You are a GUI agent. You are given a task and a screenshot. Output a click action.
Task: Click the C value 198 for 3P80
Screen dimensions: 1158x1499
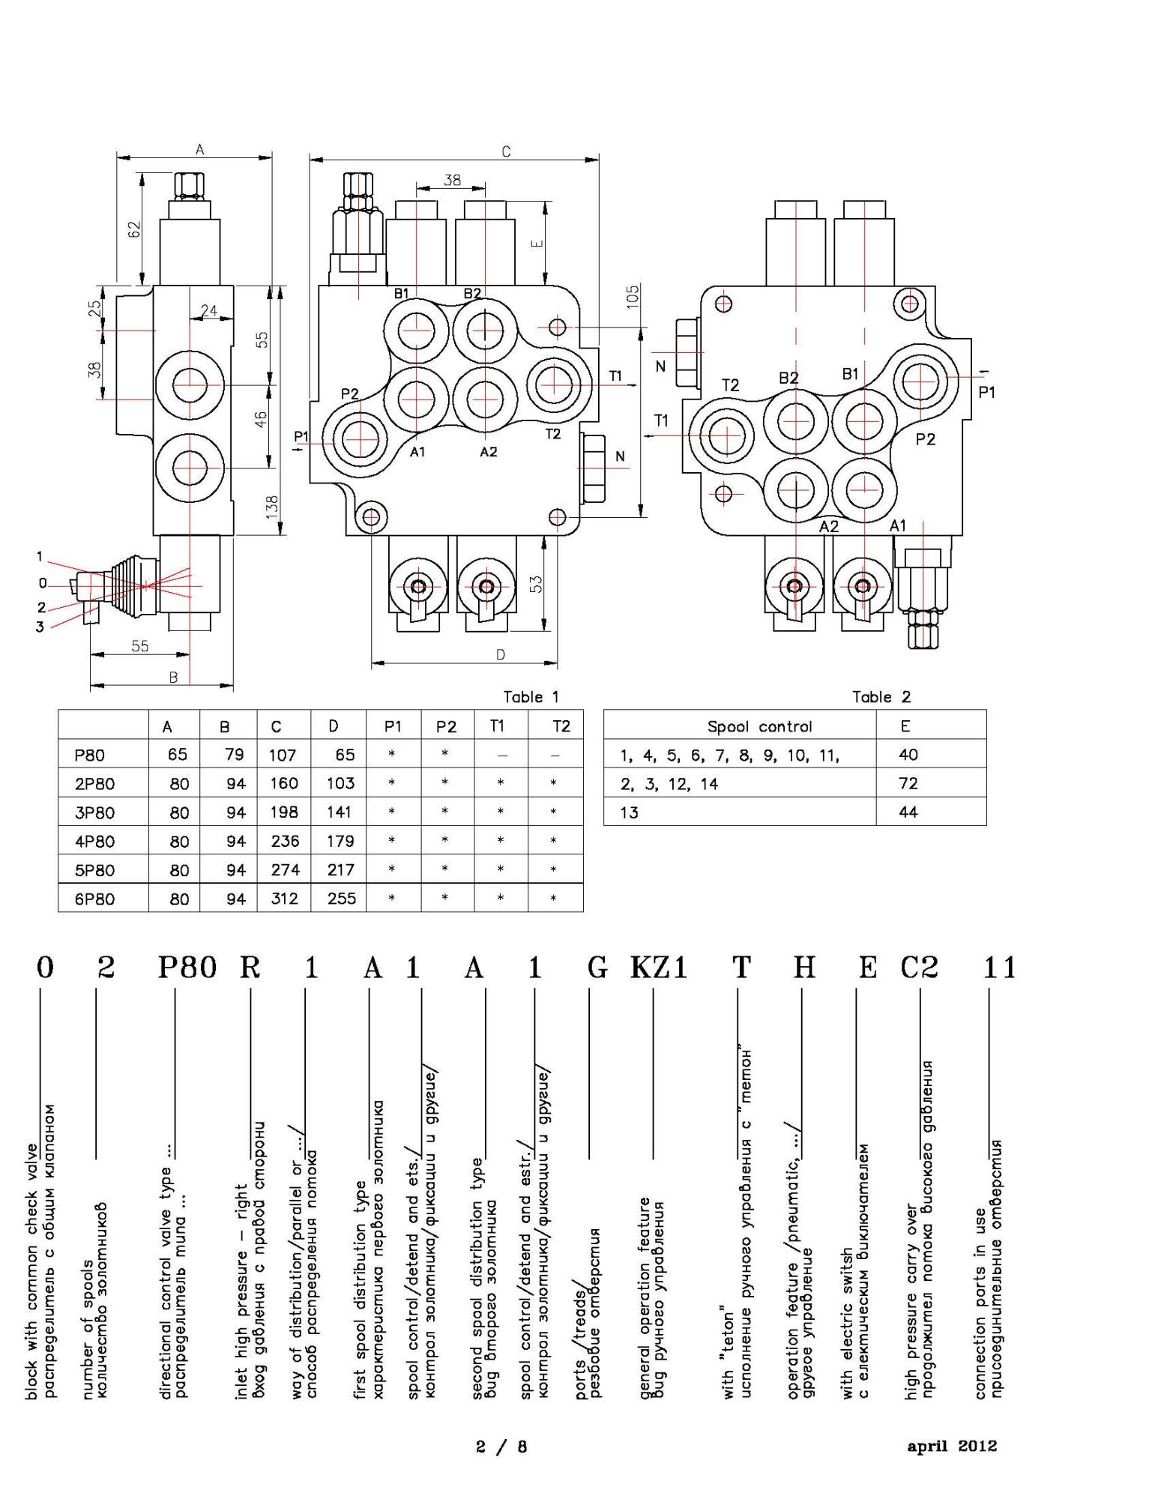(x=284, y=812)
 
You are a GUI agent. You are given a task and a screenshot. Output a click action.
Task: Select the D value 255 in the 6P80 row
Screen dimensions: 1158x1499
(x=341, y=899)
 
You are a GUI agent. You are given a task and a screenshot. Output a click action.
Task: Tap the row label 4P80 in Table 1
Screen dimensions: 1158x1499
(x=94, y=842)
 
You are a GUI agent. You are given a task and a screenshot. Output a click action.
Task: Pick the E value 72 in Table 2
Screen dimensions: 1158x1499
(x=908, y=783)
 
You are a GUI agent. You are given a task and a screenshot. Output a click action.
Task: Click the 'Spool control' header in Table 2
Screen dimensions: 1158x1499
(x=759, y=726)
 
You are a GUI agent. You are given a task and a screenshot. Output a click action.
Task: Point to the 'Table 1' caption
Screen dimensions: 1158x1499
(x=531, y=697)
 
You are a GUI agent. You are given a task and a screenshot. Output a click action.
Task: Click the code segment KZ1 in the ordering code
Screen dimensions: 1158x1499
(x=658, y=968)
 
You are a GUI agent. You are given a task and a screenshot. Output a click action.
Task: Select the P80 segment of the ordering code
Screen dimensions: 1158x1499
(x=187, y=968)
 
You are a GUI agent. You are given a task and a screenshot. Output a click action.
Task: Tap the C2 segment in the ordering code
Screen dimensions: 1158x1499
(x=919, y=968)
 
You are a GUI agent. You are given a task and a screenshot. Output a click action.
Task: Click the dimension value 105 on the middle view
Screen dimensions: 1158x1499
(x=633, y=296)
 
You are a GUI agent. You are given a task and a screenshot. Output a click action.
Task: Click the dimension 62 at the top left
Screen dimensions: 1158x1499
(x=135, y=229)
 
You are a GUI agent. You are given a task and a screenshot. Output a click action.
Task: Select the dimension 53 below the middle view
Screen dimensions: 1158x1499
(x=536, y=584)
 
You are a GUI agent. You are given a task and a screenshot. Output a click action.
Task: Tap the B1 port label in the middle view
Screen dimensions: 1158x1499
(x=401, y=293)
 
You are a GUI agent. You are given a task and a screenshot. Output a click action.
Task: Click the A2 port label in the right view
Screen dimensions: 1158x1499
(x=828, y=526)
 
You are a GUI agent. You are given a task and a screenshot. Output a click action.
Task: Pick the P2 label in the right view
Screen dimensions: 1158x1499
(x=926, y=439)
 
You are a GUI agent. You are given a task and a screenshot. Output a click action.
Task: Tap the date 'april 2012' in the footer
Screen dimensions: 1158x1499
(x=952, y=1446)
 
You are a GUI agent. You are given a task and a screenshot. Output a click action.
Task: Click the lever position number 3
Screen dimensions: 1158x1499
(x=40, y=627)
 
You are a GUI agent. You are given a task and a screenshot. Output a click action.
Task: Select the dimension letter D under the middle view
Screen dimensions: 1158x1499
(x=501, y=654)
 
